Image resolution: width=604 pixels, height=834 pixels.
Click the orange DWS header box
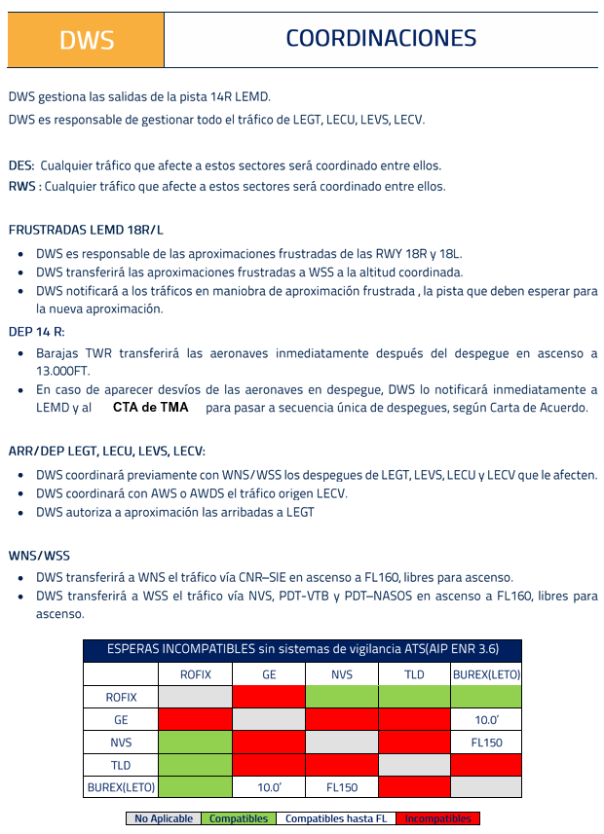pos(86,40)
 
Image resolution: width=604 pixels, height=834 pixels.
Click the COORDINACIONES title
pos(381,38)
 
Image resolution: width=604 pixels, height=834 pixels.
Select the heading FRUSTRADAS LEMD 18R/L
pos(86,231)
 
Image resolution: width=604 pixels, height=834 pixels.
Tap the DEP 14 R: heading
pos(36,331)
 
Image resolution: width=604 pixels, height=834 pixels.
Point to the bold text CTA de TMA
pos(150,408)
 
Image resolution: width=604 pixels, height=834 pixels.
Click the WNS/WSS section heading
pos(39,556)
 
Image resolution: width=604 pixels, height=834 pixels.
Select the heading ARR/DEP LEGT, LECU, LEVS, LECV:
pos(107,451)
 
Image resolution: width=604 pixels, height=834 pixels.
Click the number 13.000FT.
pos(63,371)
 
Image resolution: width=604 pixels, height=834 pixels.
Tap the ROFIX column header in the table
pos(195,674)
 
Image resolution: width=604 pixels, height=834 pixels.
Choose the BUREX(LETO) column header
pos(486,674)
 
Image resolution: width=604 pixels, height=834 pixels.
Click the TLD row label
pos(121,765)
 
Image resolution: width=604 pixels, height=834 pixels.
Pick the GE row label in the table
pos(121,720)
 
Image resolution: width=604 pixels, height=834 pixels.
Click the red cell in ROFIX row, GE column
pos(269,697)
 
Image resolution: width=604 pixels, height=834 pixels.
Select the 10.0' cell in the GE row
pos(486,720)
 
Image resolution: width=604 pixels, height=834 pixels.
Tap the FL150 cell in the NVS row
pos(486,743)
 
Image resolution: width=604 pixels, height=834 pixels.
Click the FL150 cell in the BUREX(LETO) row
pos(342,786)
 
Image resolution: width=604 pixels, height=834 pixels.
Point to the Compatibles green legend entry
pos(239,818)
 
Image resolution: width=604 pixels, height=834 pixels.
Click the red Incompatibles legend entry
pos(437,818)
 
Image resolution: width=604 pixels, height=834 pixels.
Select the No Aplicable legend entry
pos(164,818)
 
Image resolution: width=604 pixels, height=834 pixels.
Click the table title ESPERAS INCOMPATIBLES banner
pos(303,649)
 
